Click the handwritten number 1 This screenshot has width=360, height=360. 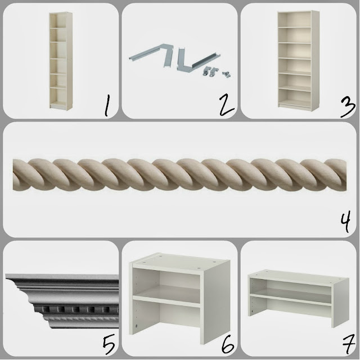107,106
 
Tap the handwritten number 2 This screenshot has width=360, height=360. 226,105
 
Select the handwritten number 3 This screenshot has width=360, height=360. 348,107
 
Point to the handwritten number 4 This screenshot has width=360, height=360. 345,222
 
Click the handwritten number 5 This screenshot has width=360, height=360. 109,345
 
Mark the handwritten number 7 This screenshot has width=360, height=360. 349,345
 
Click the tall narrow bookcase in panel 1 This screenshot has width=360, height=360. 61,60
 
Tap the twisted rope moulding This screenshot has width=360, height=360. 179,174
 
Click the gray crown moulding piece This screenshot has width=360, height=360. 62,301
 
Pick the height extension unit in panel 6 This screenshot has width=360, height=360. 179,299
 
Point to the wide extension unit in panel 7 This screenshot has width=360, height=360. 299,298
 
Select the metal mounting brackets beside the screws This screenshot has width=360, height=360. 210,71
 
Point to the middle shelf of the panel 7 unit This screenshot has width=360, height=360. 291,299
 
